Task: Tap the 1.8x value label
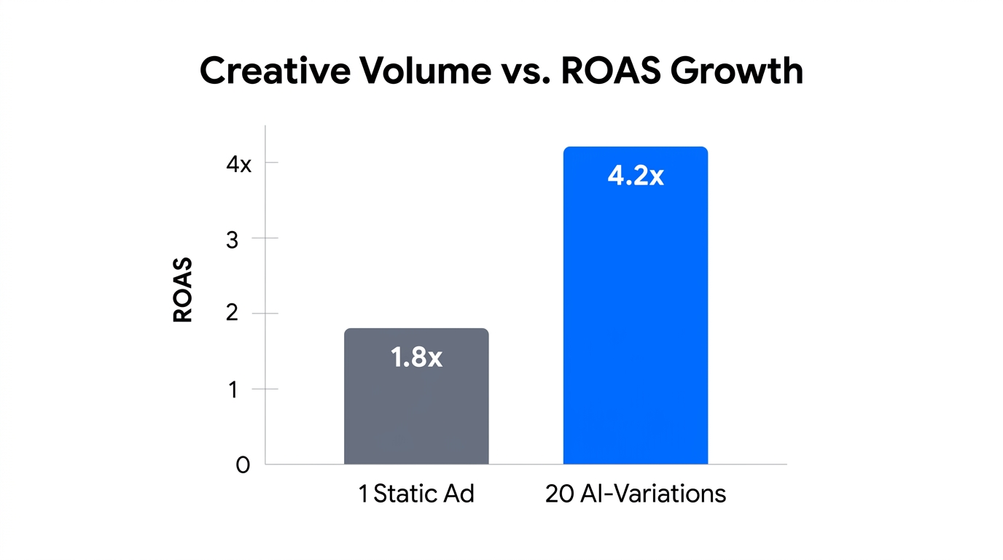pyautogui.click(x=416, y=357)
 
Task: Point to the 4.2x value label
pyautogui.click(x=636, y=176)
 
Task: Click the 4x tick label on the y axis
pyautogui.click(x=238, y=164)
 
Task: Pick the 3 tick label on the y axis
pyautogui.click(x=232, y=240)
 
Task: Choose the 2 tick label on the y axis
pyautogui.click(x=232, y=315)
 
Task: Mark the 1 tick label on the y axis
pyautogui.click(x=232, y=390)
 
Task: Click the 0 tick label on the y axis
pyautogui.click(x=243, y=465)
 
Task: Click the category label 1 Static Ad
pyautogui.click(x=416, y=494)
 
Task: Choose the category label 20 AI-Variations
pyautogui.click(x=636, y=494)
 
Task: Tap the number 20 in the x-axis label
pyautogui.click(x=559, y=494)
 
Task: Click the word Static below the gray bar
pyautogui.click(x=405, y=494)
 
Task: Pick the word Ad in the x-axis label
pyautogui.click(x=459, y=494)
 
